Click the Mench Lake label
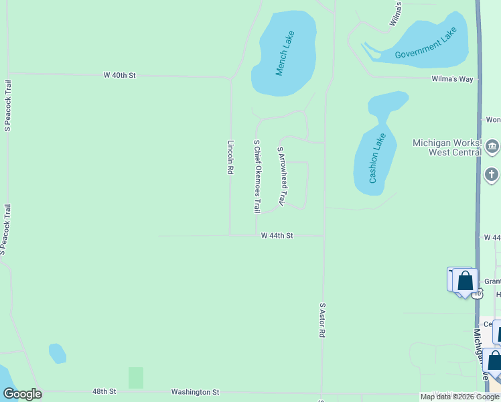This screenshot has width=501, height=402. click(x=285, y=53)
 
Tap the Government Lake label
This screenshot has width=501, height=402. click(x=425, y=44)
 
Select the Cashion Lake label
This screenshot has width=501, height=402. click(x=378, y=158)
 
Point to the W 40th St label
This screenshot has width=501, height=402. click(x=120, y=76)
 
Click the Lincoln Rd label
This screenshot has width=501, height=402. click(x=230, y=157)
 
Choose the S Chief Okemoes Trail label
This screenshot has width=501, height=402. click(x=257, y=177)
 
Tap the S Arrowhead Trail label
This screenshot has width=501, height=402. click(x=282, y=177)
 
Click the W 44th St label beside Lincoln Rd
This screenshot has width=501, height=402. click(x=277, y=236)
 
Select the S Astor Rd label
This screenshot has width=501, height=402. click(x=322, y=319)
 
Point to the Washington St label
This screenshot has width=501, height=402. click(x=195, y=392)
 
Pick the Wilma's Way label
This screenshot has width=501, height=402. click(x=452, y=79)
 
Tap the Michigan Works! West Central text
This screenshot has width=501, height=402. click(x=447, y=147)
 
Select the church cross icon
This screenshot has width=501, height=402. click(x=492, y=176)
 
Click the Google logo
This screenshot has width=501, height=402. click(x=22, y=394)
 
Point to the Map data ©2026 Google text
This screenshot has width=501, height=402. click(x=459, y=397)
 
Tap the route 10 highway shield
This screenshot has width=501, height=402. click(x=477, y=293)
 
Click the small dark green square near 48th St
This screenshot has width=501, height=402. click(x=136, y=377)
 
